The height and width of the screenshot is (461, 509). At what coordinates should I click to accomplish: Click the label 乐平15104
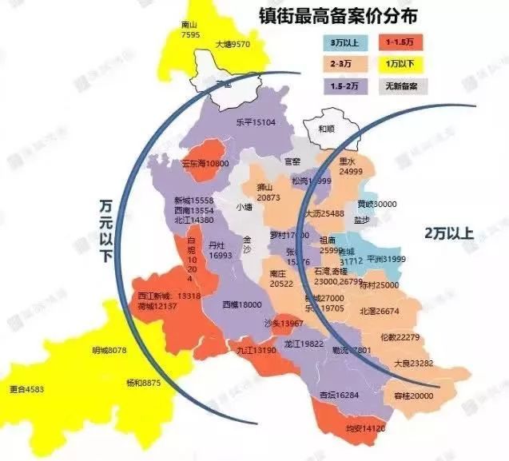255,122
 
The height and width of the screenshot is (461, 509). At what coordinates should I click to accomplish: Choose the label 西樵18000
242,304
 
